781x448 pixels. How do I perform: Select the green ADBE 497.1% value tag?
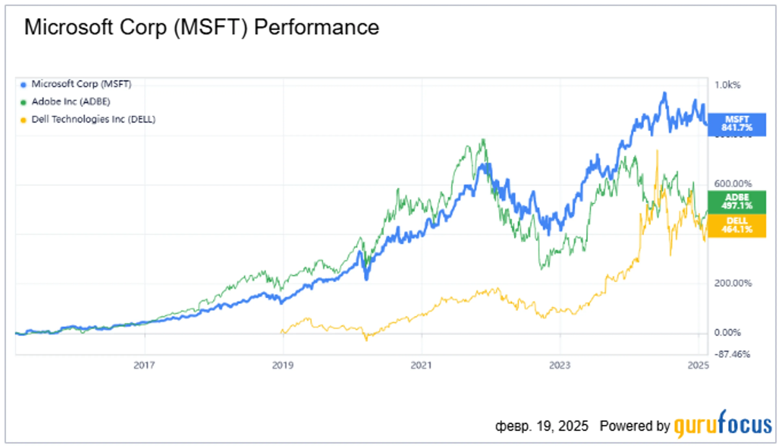coord(737,202)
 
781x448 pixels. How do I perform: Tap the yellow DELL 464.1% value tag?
coord(737,226)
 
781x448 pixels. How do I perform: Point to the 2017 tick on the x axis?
coord(144,365)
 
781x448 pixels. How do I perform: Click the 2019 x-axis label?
coord(283,365)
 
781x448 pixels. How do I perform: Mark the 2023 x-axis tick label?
coord(560,365)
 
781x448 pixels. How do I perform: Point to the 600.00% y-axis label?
coord(733,184)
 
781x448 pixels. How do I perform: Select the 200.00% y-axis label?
coord(733,283)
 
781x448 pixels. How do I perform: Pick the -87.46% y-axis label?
coord(732,354)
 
